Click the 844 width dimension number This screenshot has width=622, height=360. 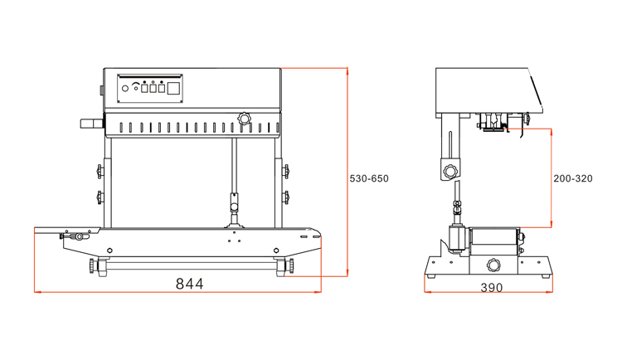189,284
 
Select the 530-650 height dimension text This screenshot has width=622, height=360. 369,178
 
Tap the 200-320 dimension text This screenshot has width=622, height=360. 573,178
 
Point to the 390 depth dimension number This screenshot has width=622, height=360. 492,287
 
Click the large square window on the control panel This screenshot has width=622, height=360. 173,88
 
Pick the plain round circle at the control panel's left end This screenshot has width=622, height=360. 125,89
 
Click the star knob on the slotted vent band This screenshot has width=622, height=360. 245,119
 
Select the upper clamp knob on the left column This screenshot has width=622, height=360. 100,172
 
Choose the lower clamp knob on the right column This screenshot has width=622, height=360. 285,197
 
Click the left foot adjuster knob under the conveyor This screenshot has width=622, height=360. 92,265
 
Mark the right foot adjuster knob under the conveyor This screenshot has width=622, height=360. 291,265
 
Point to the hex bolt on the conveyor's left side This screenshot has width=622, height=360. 109,251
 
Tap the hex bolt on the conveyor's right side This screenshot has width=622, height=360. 276,251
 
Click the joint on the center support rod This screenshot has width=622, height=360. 234,202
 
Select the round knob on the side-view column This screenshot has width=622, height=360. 449,172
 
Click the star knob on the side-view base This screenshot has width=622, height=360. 493,265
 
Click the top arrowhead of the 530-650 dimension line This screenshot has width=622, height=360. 347,71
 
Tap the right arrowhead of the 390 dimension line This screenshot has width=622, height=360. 549,292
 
